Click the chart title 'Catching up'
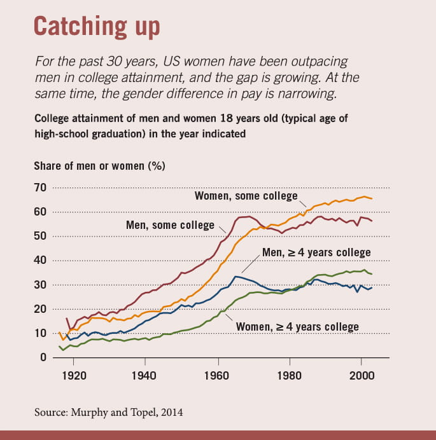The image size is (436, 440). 96,27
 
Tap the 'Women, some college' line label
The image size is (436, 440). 246,196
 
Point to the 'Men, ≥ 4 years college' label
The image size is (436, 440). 316,252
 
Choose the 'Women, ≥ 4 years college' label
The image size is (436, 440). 297,327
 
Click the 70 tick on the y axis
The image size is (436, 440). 40,188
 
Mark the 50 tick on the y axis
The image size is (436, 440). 40,236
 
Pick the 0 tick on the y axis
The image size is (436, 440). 44,357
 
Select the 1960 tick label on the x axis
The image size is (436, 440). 218,375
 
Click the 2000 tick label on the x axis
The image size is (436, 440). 362,375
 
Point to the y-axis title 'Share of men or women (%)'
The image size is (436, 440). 99,166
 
